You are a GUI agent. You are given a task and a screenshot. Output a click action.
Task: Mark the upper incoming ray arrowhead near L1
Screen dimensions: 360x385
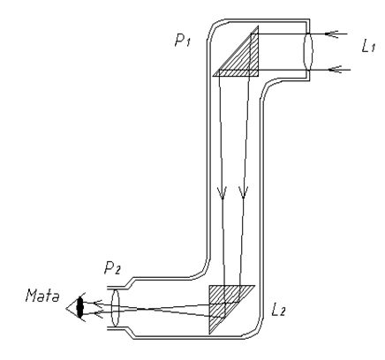[330, 34]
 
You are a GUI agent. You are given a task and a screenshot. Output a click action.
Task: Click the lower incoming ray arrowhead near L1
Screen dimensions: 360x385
[330, 67]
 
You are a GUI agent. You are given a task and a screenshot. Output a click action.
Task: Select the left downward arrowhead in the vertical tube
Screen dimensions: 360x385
[223, 192]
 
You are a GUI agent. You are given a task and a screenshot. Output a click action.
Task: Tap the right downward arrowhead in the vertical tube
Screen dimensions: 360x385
[245, 192]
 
